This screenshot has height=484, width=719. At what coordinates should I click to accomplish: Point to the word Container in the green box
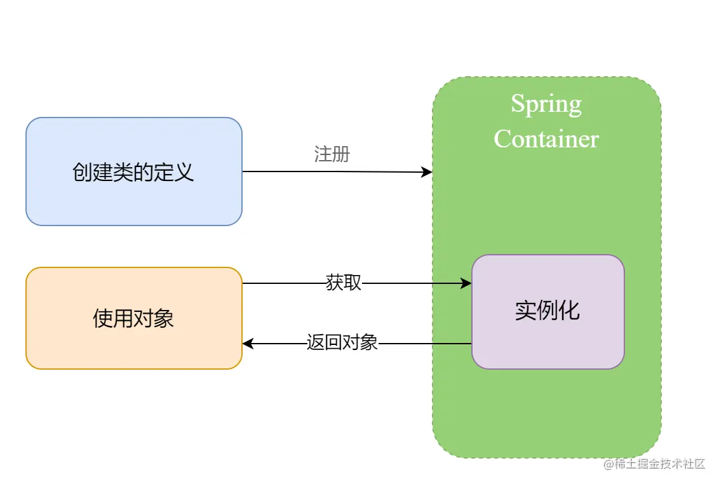[546, 138]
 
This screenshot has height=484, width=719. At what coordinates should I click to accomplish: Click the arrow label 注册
[332, 154]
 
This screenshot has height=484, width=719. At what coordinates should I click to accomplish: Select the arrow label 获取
[343, 283]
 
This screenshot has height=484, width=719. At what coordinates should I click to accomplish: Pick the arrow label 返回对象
[342, 343]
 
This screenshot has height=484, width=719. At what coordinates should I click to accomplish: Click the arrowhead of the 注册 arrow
[427, 172]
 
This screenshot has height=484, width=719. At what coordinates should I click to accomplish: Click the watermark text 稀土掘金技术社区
[661, 464]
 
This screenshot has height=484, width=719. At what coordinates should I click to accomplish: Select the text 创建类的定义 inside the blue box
[133, 172]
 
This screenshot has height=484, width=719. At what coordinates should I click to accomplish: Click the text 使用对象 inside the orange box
[133, 318]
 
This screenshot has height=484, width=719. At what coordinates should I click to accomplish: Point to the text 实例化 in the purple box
[547, 311]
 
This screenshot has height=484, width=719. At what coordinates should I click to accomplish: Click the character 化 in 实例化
[569, 311]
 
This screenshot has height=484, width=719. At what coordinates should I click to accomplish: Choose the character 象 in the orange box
[164, 318]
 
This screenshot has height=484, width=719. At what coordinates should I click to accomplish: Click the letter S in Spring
[517, 104]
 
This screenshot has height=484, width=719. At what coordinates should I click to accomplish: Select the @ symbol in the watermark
[608, 464]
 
